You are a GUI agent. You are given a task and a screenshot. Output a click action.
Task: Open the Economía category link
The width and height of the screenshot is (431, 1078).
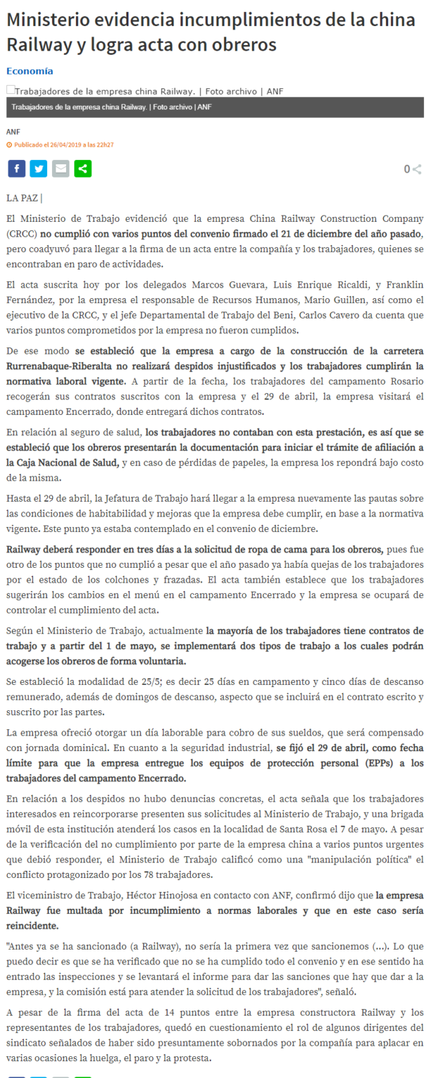pos(29,71)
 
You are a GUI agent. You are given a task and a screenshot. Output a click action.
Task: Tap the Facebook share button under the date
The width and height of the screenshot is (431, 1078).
pos(16,168)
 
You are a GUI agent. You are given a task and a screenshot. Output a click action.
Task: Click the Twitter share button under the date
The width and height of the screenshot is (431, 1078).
pos(39,168)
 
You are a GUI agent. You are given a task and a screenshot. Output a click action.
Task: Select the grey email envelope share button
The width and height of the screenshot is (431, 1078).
pos(61,168)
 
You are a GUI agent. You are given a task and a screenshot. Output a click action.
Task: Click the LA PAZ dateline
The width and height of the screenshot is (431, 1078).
pos(23,198)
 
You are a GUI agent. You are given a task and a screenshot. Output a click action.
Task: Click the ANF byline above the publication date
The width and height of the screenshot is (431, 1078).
pos(13,132)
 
